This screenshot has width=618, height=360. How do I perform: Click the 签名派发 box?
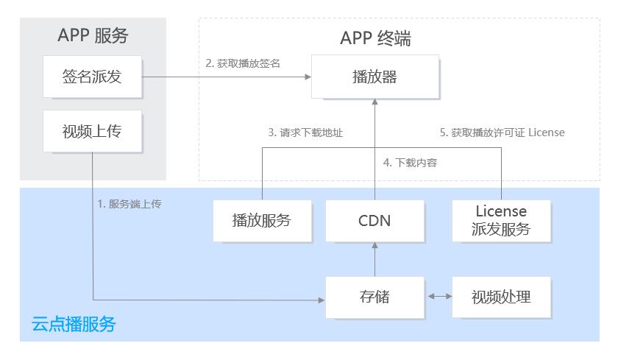[92, 77]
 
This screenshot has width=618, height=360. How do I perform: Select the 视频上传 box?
[92, 131]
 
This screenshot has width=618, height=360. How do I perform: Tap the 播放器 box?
[374, 77]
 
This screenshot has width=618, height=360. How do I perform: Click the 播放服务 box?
[262, 220]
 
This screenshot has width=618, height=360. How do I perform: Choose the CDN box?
[374, 220]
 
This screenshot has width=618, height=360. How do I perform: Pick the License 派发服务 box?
[501, 220]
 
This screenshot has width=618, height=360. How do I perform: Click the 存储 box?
[374, 297]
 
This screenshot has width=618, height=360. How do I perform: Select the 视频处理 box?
[501, 297]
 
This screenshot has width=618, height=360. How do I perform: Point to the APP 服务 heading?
[93, 35]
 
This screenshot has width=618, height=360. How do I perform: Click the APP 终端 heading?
[376, 38]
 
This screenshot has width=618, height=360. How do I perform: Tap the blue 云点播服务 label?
[74, 324]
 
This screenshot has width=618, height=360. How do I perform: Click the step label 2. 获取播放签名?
[243, 63]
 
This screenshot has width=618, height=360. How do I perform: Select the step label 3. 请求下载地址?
[305, 133]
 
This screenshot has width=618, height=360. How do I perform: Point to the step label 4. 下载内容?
[410, 163]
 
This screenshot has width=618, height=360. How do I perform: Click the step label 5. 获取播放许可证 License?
[502, 133]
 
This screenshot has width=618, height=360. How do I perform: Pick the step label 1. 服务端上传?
[129, 204]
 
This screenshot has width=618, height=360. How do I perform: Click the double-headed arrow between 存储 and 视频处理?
[440, 296]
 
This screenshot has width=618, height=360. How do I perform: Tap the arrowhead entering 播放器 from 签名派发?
[308, 77]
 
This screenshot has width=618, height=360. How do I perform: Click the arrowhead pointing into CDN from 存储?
[374, 245]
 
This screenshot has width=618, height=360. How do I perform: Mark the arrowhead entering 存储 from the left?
[322, 300]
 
